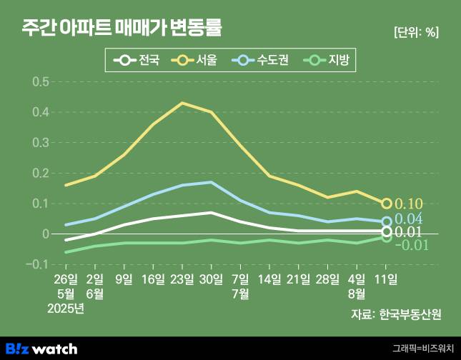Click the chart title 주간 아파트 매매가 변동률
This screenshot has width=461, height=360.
click(121, 29)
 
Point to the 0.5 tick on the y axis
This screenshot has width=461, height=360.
click(40, 81)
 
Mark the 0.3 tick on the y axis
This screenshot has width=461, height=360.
click(40, 143)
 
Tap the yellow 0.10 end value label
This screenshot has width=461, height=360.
click(409, 204)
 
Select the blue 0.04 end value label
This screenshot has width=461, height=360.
click(409, 219)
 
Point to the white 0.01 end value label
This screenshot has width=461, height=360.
click(409, 232)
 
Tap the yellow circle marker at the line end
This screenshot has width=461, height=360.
click(387, 204)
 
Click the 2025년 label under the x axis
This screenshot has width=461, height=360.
click(66, 309)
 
